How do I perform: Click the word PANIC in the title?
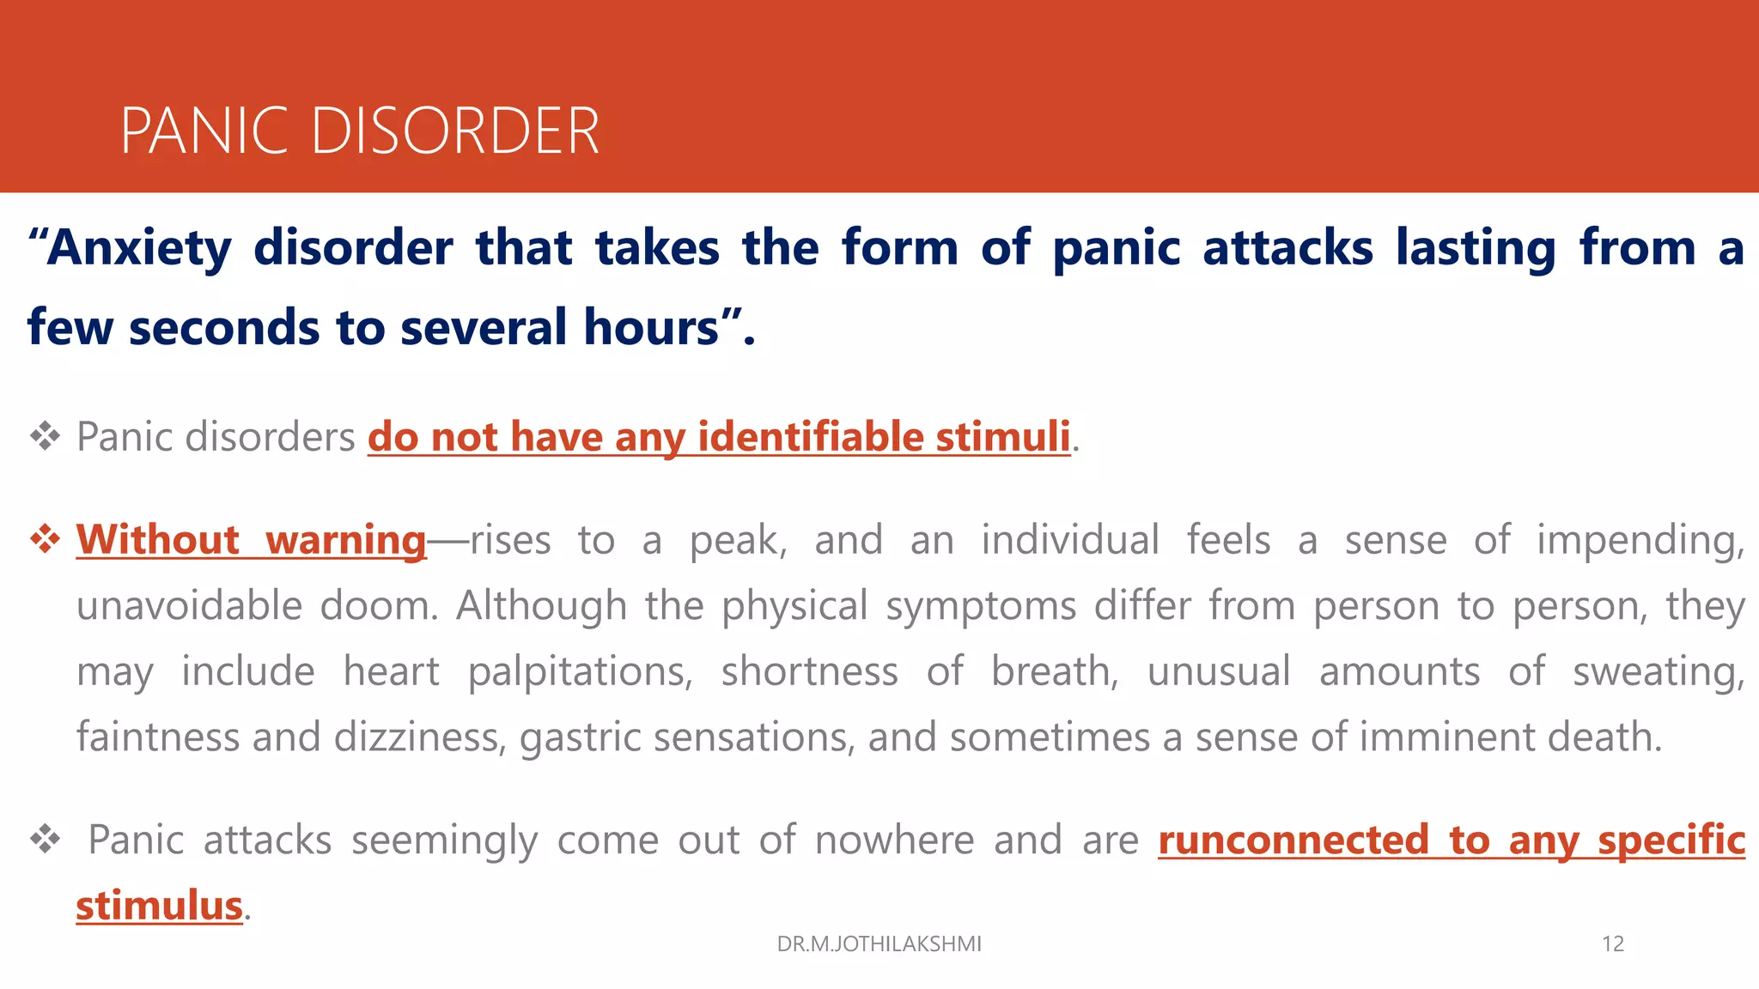(x=204, y=131)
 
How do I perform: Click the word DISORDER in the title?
(x=454, y=131)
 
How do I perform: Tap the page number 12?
(x=1612, y=943)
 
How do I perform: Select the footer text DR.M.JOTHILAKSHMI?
(x=879, y=943)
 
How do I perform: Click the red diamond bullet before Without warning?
(x=45, y=540)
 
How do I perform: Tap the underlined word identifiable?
(x=810, y=437)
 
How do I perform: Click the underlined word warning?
(x=345, y=541)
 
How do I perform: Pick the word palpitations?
(x=580, y=672)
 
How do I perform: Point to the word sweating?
(x=1658, y=672)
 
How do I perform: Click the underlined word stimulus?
(x=160, y=907)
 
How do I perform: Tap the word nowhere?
(x=894, y=840)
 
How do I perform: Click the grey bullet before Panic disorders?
(x=45, y=437)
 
